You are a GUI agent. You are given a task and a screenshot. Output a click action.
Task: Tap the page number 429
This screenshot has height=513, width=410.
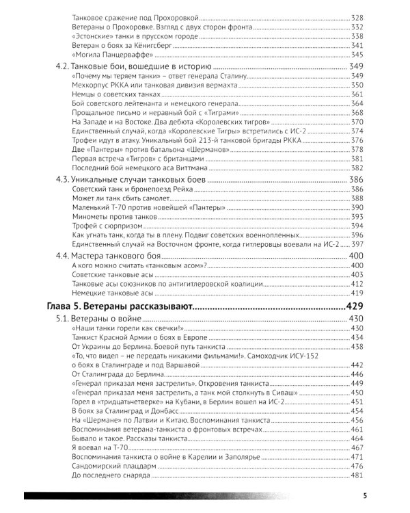pos(356,306)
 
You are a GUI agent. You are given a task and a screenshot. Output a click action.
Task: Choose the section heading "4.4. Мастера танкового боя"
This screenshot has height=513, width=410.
pos(109,254)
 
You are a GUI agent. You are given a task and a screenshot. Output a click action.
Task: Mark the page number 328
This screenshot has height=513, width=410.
pos(359,15)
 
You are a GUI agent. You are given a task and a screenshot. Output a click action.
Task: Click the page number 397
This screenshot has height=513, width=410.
pos(359,244)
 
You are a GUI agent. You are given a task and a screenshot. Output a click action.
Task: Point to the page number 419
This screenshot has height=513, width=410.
pos(359,291)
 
